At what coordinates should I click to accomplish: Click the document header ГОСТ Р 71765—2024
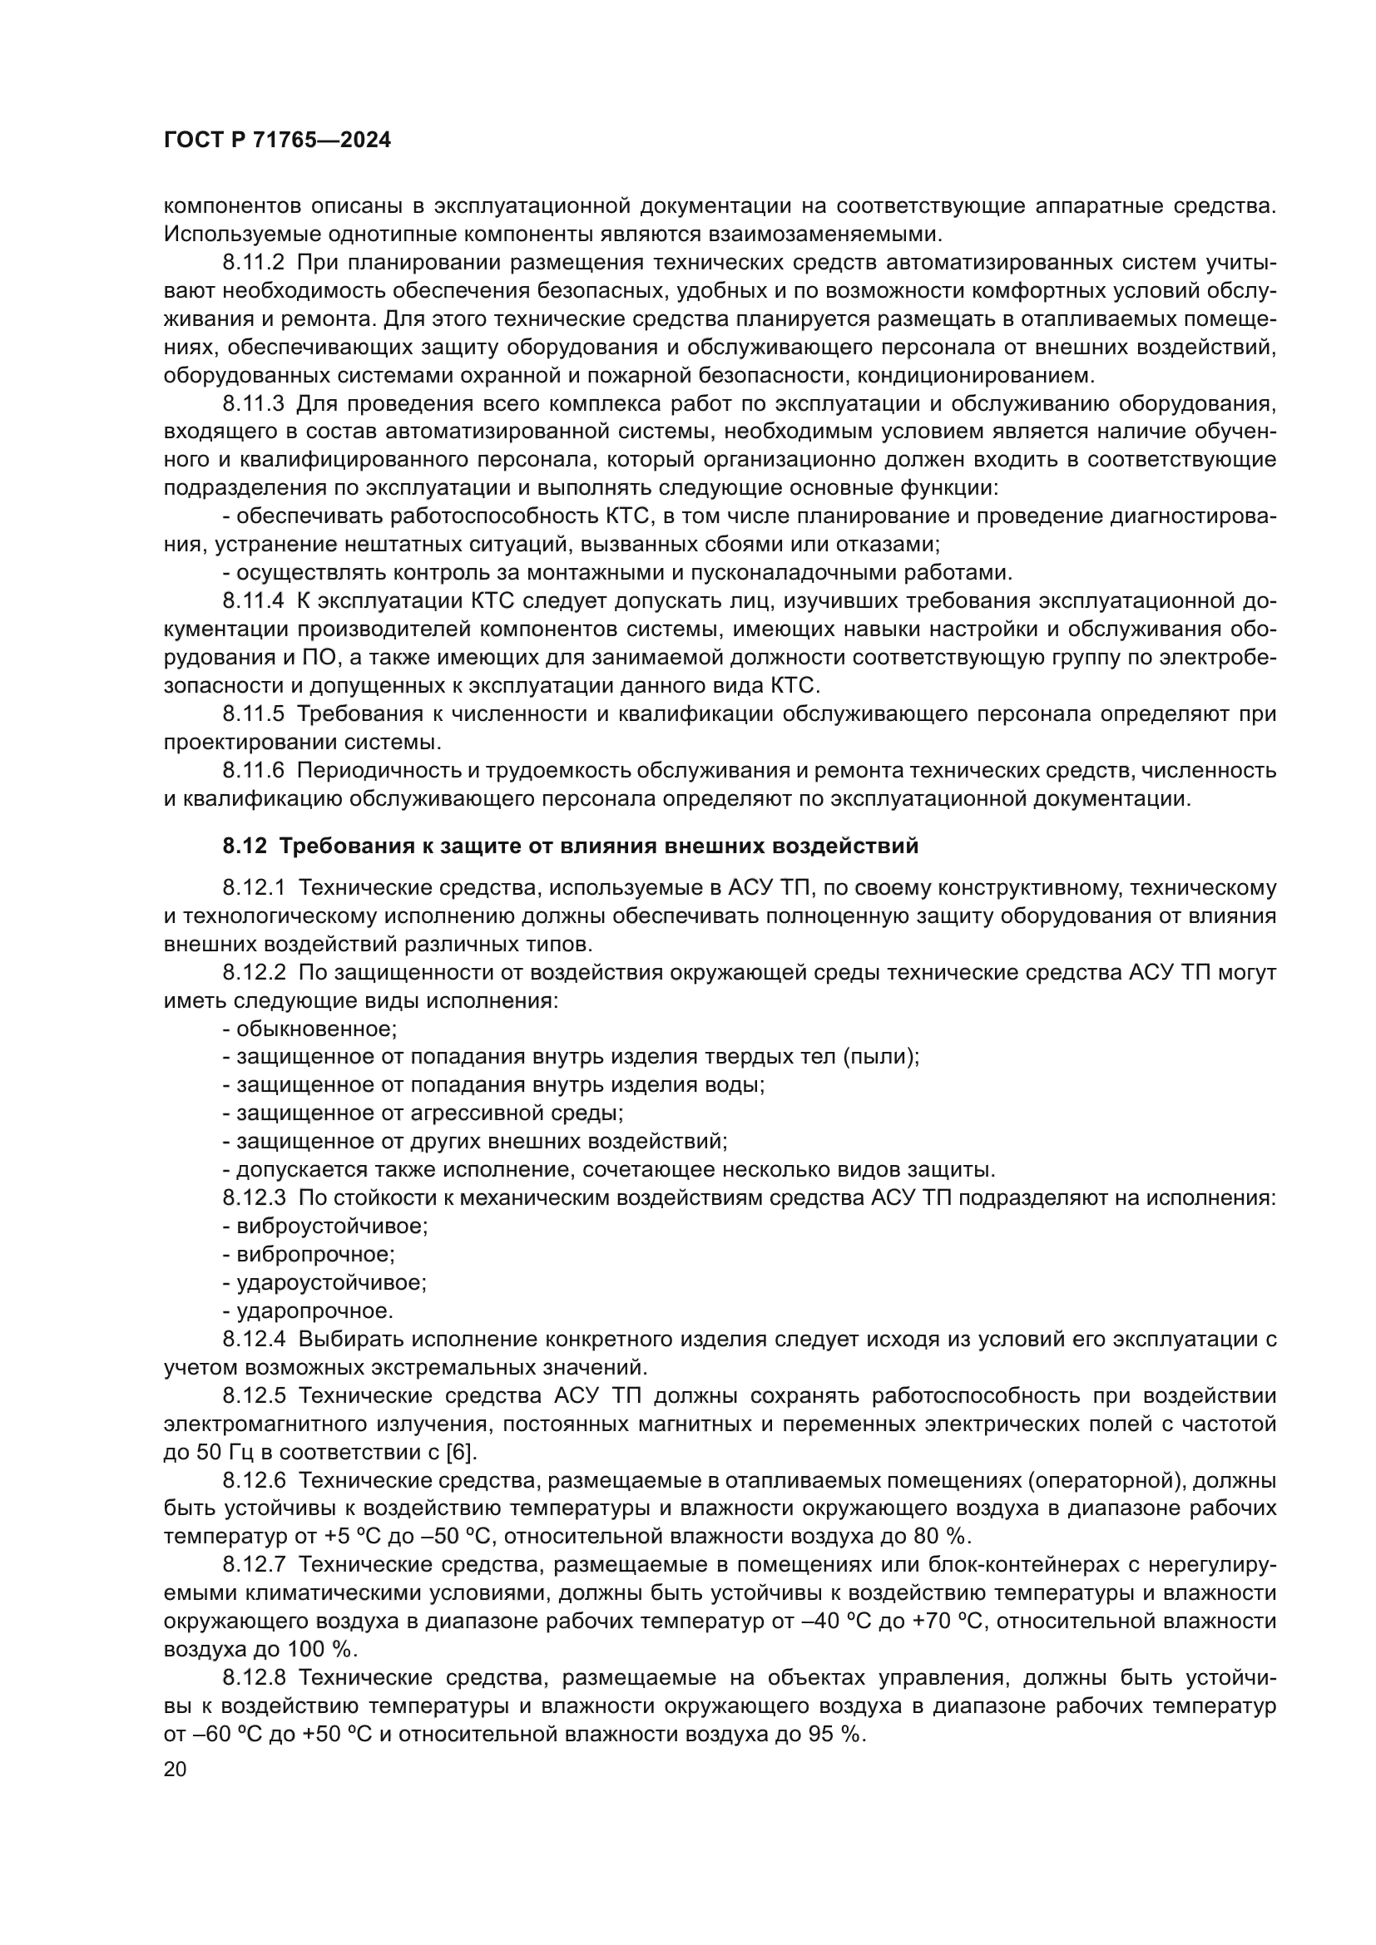pos(277,141)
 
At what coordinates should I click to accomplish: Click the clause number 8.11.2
pos(254,264)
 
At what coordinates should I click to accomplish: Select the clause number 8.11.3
pos(254,404)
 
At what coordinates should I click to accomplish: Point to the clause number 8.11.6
pos(254,770)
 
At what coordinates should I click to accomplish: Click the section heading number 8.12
pos(245,846)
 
